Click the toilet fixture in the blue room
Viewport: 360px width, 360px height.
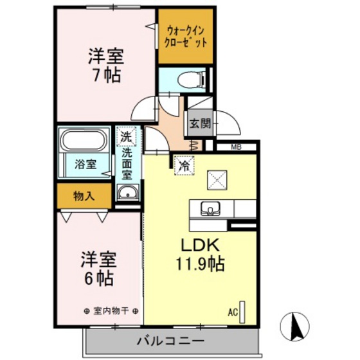192,80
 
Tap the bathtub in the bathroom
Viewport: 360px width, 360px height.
85,140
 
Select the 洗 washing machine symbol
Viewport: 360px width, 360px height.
126,136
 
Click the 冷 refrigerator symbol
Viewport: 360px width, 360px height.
184,166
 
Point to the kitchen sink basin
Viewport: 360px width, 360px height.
210,208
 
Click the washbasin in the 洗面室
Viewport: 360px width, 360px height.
128,192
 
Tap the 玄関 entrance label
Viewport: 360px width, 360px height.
200,123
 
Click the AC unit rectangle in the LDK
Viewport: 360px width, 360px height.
242,312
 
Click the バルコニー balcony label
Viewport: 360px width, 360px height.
170,341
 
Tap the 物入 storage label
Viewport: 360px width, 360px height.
84,196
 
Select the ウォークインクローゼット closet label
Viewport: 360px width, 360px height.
186,37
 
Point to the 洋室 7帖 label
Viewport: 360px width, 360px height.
106,65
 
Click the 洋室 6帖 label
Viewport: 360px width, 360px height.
99,269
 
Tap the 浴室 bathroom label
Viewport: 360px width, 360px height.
85,164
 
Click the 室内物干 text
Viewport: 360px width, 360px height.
111,311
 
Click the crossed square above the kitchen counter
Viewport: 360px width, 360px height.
217,180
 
